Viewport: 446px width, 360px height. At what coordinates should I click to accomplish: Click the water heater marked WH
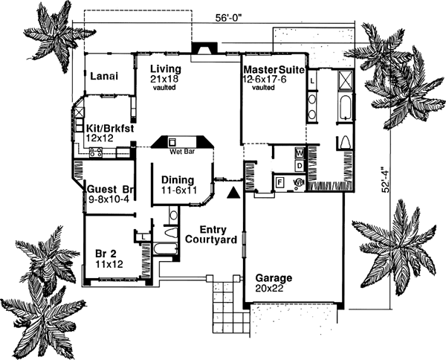pyautogui.click(x=300, y=181)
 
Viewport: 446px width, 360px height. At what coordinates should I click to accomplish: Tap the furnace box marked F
pyautogui.click(x=280, y=181)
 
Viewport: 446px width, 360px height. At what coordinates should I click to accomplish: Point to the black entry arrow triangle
pyautogui.click(x=234, y=192)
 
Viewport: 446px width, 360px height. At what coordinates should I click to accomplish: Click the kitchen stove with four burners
pyautogui.click(x=96, y=152)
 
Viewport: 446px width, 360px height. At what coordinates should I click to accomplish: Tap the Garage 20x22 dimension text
pyautogui.click(x=271, y=288)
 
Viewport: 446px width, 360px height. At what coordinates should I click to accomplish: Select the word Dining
pyautogui.click(x=177, y=180)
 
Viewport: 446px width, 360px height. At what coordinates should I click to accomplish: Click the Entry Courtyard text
pyautogui.click(x=211, y=234)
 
